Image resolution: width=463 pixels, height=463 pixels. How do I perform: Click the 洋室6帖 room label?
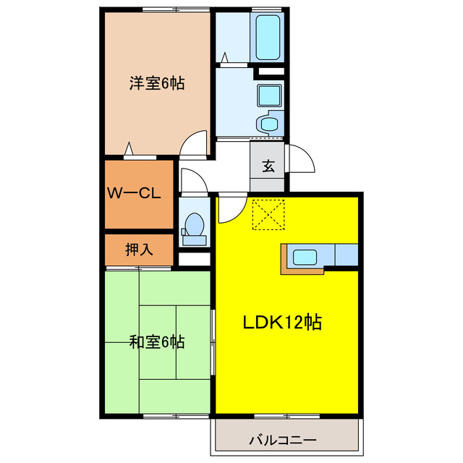(x=157, y=83)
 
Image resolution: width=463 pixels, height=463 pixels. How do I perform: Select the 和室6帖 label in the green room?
(x=157, y=341)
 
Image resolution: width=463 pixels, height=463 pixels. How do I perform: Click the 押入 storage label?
(x=139, y=250)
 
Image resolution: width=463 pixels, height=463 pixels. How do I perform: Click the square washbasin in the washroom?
(x=269, y=95)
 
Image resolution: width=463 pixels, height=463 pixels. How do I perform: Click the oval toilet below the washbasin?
(x=270, y=124)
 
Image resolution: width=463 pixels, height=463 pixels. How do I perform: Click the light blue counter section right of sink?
(x=345, y=255)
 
